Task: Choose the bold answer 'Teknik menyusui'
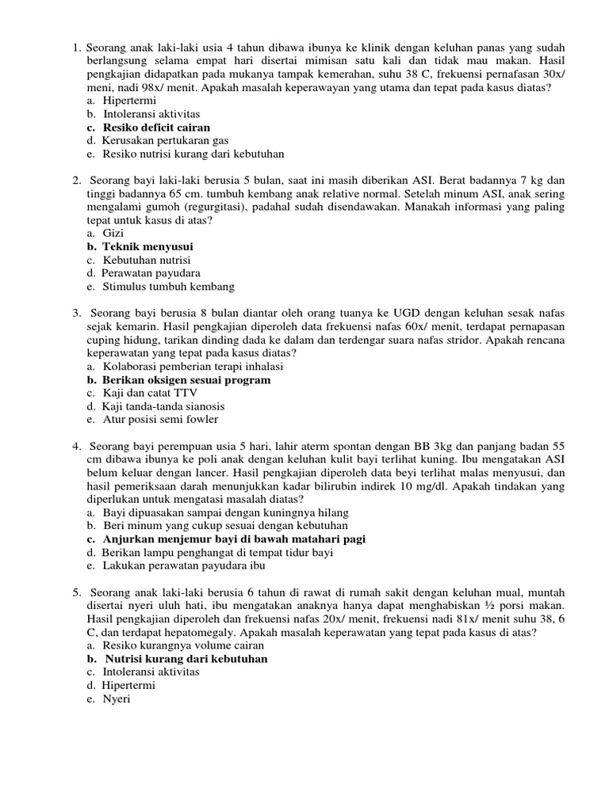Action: click(x=148, y=247)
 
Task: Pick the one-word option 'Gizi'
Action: click(x=113, y=234)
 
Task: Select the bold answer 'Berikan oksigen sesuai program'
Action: click(x=186, y=380)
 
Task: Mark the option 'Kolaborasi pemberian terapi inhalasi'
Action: click(x=193, y=367)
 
